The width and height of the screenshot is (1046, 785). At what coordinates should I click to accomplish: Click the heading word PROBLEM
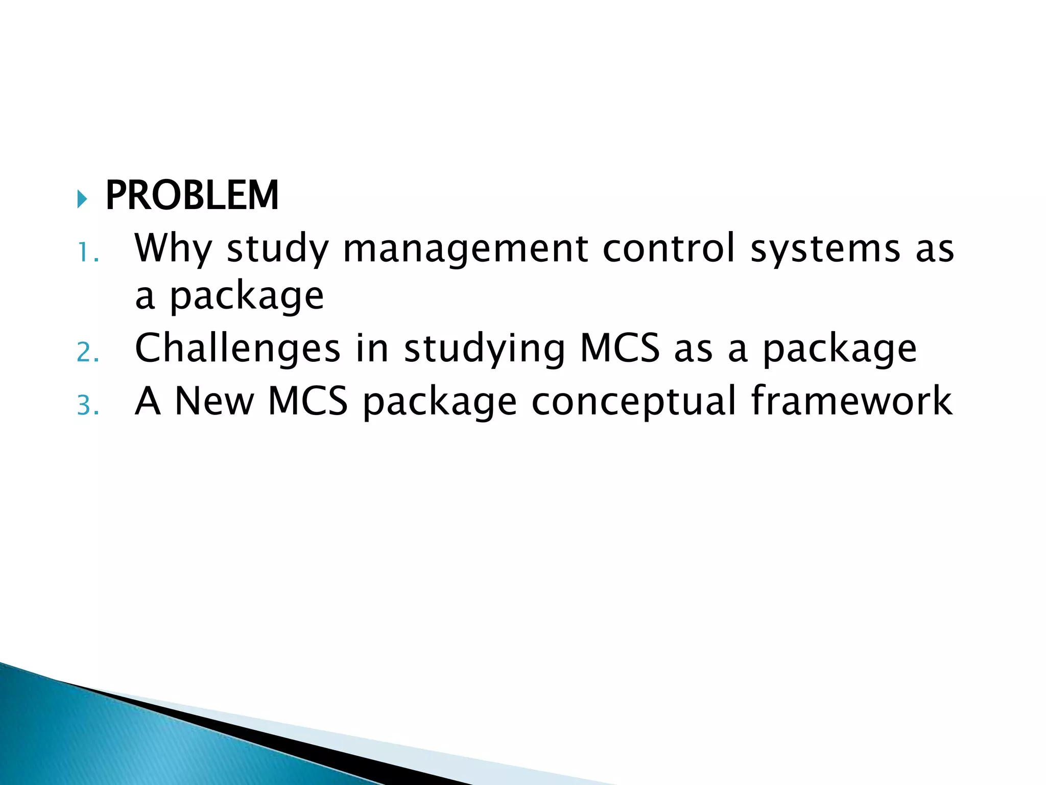click(192, 196)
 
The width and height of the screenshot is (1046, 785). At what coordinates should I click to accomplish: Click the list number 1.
click(87, 252)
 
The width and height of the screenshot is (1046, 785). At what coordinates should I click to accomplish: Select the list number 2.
click(87, 353)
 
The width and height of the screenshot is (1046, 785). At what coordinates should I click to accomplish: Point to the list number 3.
click(87, 406)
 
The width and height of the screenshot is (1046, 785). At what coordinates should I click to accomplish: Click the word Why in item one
click(173, 249)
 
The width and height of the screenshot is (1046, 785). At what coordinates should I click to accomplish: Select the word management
click(465, 249)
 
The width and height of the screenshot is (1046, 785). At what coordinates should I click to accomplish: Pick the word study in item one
click(278, 249)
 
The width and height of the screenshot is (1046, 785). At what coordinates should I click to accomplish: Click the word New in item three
click(214, 402)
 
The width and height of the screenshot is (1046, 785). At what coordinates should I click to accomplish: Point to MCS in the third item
click(308, 402)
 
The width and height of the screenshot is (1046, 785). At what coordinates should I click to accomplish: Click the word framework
click(851, 402)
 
